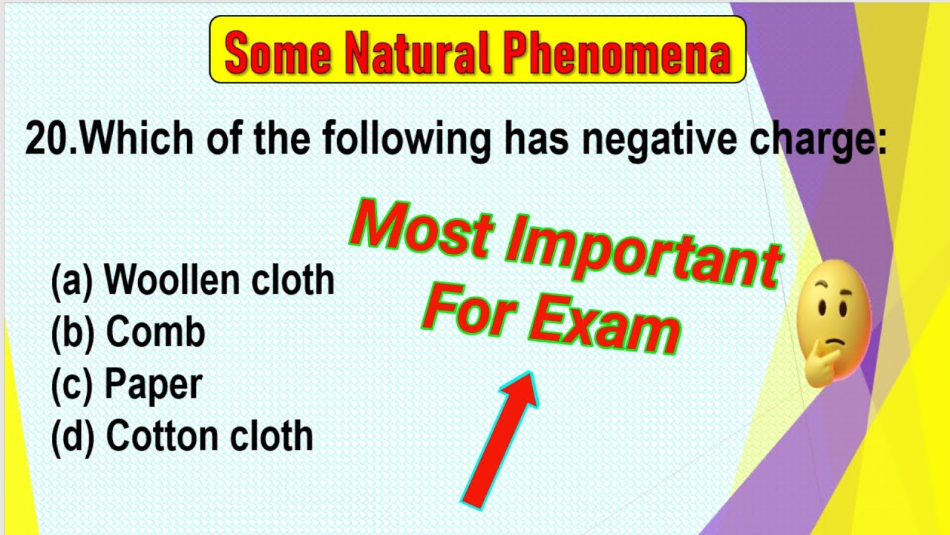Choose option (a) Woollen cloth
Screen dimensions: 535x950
pyautogui.click(x=192, y=280)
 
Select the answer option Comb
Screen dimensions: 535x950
pyautogui.click(x=155, y=332)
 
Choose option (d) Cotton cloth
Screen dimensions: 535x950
pyautogui.click(x=182, y=436)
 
